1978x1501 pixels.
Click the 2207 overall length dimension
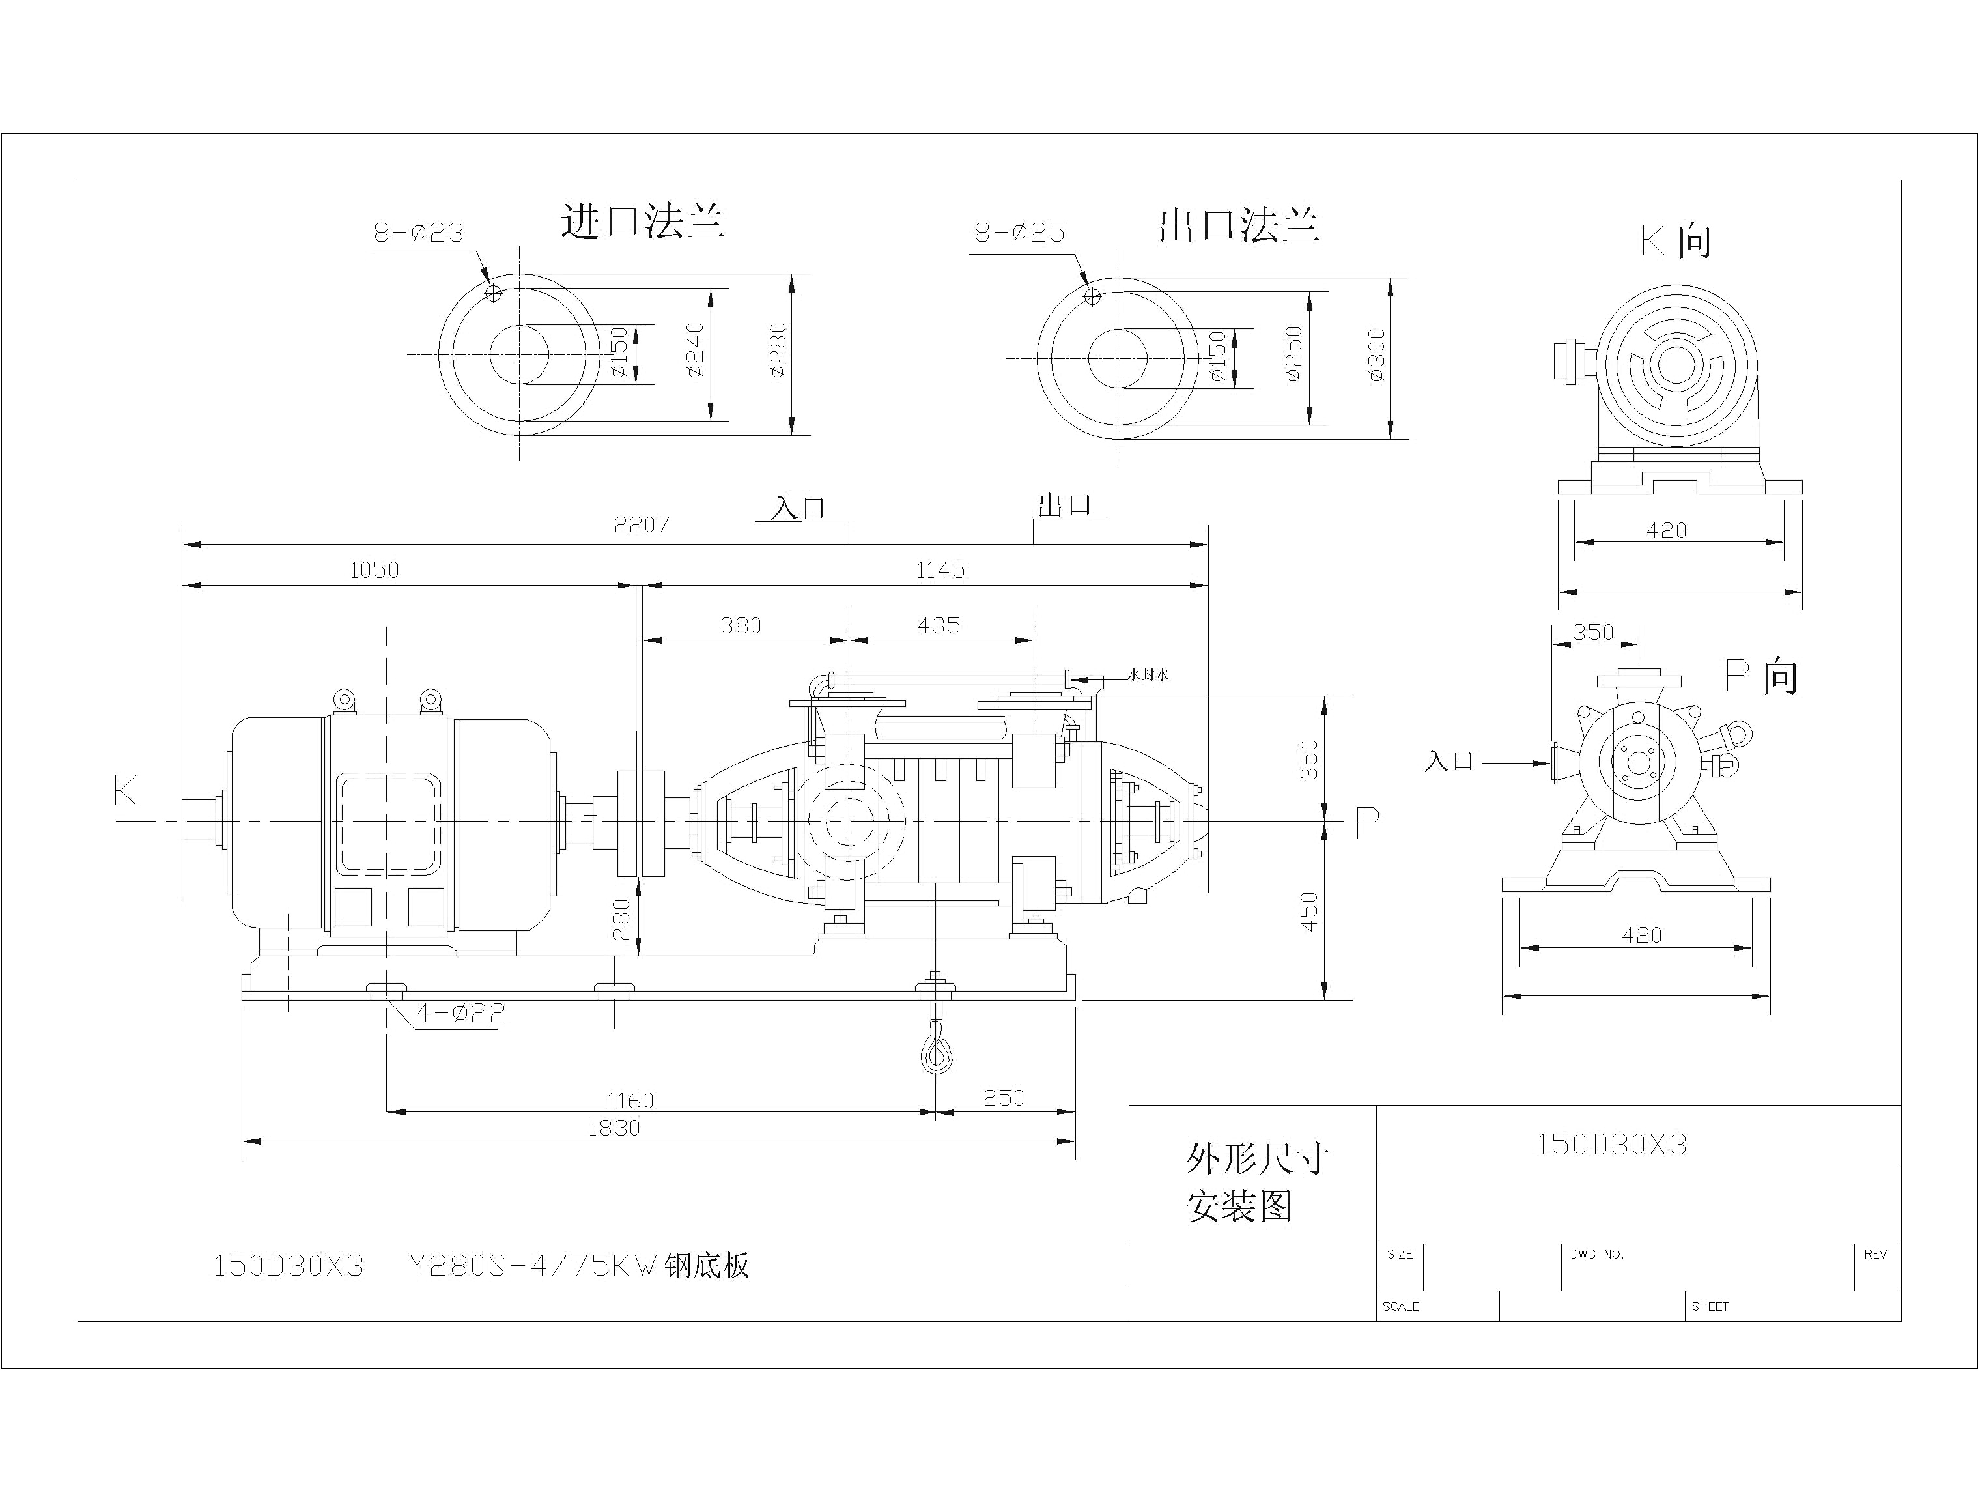click(x=641, y=524)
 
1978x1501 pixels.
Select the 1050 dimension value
click(x=374, y=570)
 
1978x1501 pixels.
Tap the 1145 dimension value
click(x=940, y=570)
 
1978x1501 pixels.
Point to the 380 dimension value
click(x=741, y=625)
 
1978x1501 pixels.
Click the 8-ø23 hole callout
click(x=419, y=233)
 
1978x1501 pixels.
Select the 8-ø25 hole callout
click(x=1019, y=233)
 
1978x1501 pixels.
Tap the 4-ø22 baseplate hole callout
click(x=460, y=1014)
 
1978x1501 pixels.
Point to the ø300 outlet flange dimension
click(x=1376, y=354)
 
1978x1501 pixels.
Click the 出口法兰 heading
click(x=1239, y=225)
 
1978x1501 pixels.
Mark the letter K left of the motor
click(x=126, y=791)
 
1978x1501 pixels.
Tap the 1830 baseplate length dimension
click(x=614, y=1128)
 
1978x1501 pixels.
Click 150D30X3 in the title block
click(x=1611, y=1145)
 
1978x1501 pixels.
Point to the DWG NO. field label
click(x=1596, y=1255)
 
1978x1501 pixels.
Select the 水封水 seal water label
click(x=1148, y=674)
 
